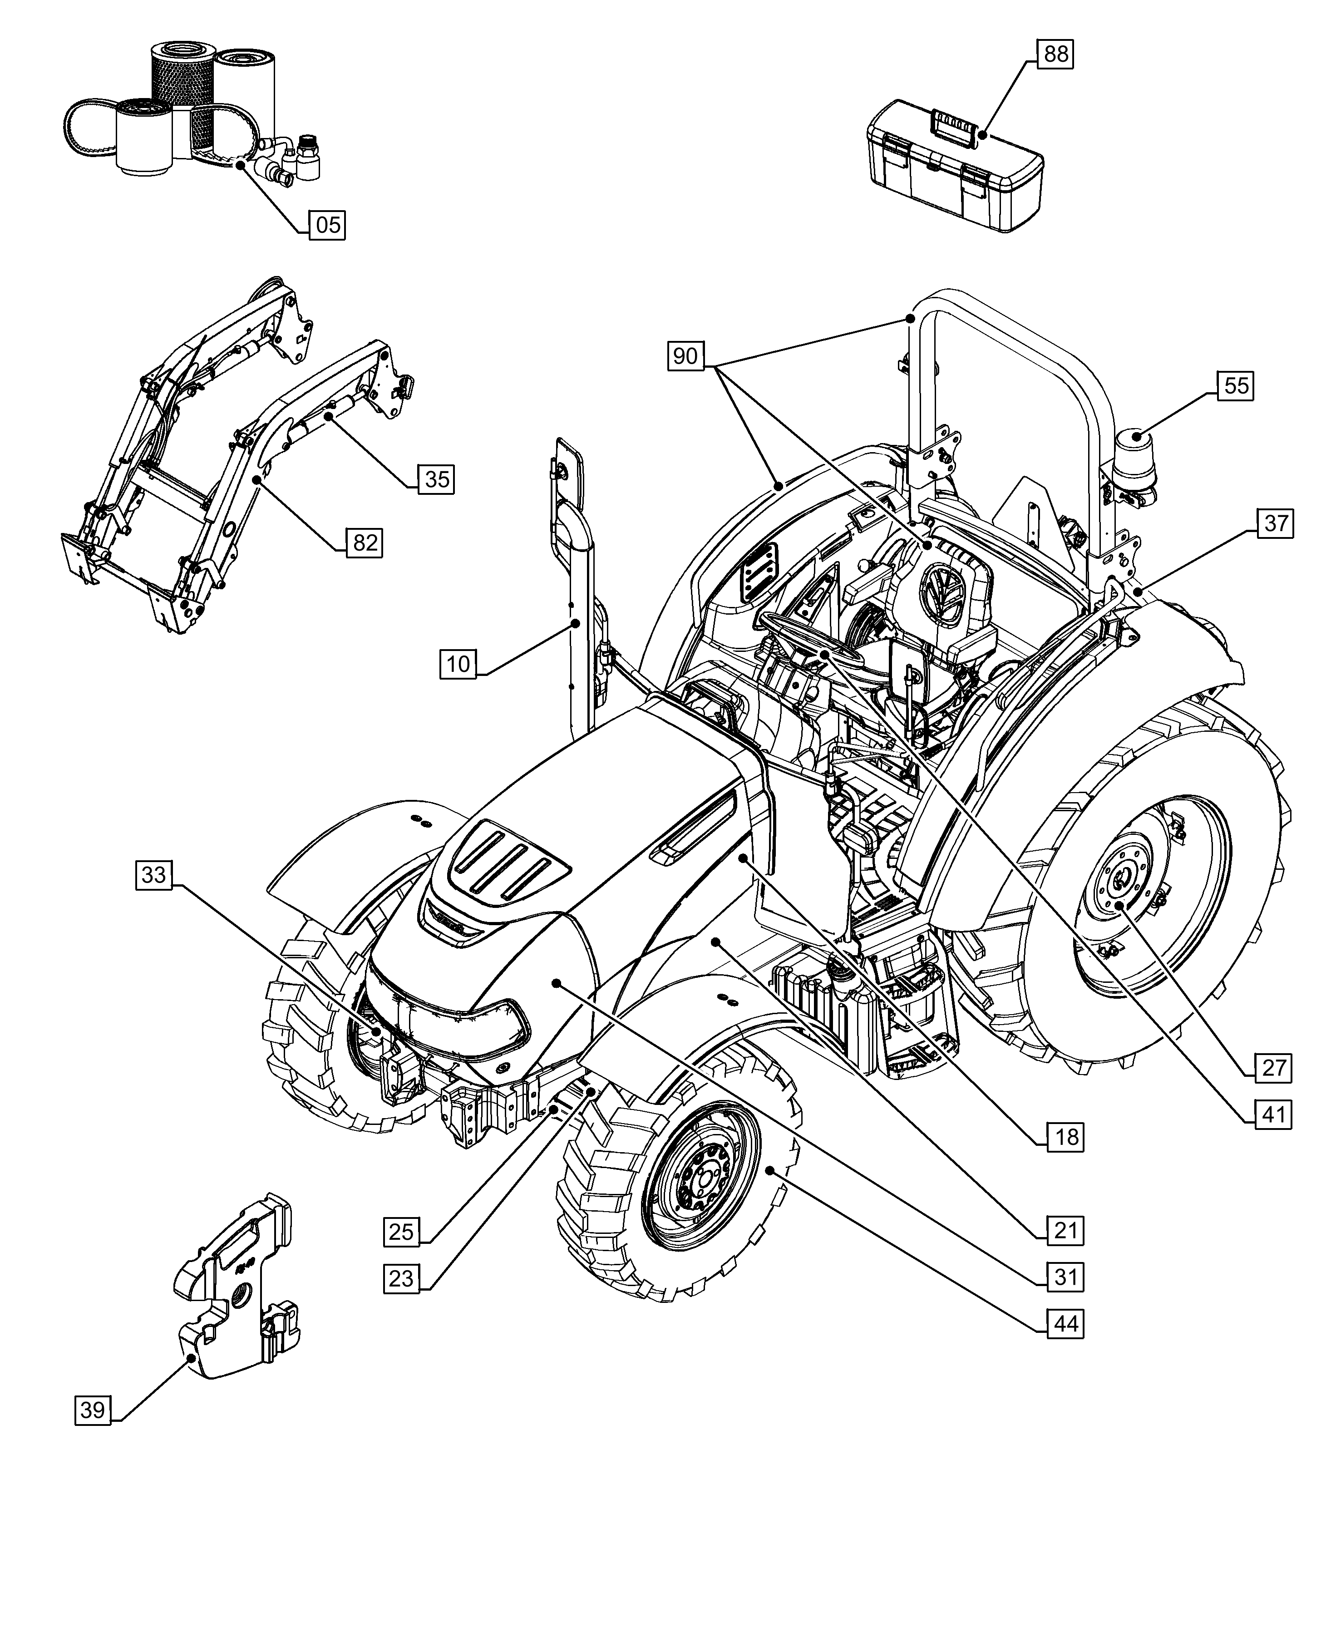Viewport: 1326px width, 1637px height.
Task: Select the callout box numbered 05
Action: [x=328, y=225]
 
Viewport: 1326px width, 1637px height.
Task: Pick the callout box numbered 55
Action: [x=1236, y=386]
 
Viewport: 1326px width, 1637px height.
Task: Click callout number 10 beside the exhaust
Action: [x=458, y=663]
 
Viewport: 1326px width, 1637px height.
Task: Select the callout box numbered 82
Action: [x=365, y=542]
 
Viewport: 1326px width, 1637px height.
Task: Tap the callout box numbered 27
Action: [x=1273, y=1067]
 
